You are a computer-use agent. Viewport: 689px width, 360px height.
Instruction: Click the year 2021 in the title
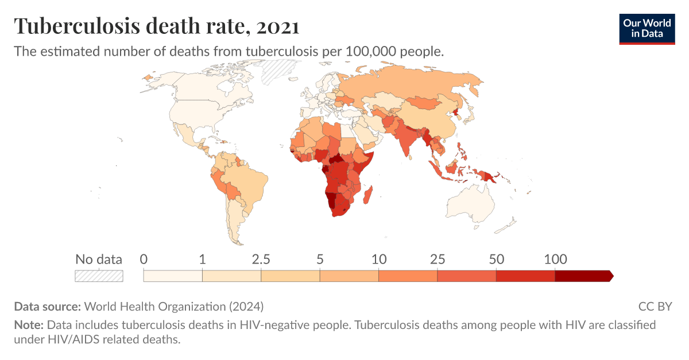tap(278, 26)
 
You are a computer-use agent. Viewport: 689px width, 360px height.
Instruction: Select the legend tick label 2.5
tap(261, 259)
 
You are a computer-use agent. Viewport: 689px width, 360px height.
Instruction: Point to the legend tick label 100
tap(555, 259)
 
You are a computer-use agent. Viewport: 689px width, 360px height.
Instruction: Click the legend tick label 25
tap(438, 259)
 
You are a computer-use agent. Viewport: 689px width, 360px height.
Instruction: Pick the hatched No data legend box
tap(99, 276)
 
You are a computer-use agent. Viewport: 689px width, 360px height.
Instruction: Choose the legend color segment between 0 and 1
tap(173, 276)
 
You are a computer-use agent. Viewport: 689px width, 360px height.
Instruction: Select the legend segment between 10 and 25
tap(408, 276)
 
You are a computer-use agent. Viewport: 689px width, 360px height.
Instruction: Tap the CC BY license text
tap(655, 307)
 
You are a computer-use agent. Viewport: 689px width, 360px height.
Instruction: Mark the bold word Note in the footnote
tap(28, 325)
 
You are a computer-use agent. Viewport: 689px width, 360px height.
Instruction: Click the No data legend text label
tap(99, 259)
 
